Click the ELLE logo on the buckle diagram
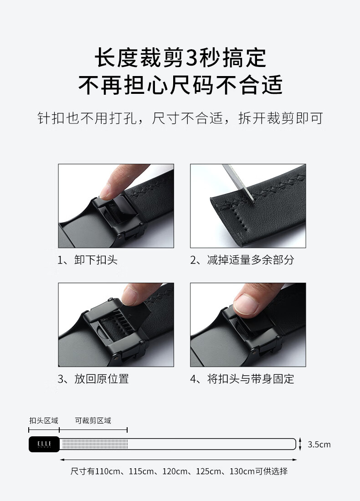[44, 444]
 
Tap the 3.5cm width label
[319, 445]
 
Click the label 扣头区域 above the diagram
[44, 420]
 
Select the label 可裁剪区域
[93, 420]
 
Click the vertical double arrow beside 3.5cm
[300, 444]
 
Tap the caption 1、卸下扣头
[87, 260]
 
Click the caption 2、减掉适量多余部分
[242, 260]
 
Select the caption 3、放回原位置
[93, 379]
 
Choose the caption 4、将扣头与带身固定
[242, 379]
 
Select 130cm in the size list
[242, 471]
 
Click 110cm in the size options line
[108, 471]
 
